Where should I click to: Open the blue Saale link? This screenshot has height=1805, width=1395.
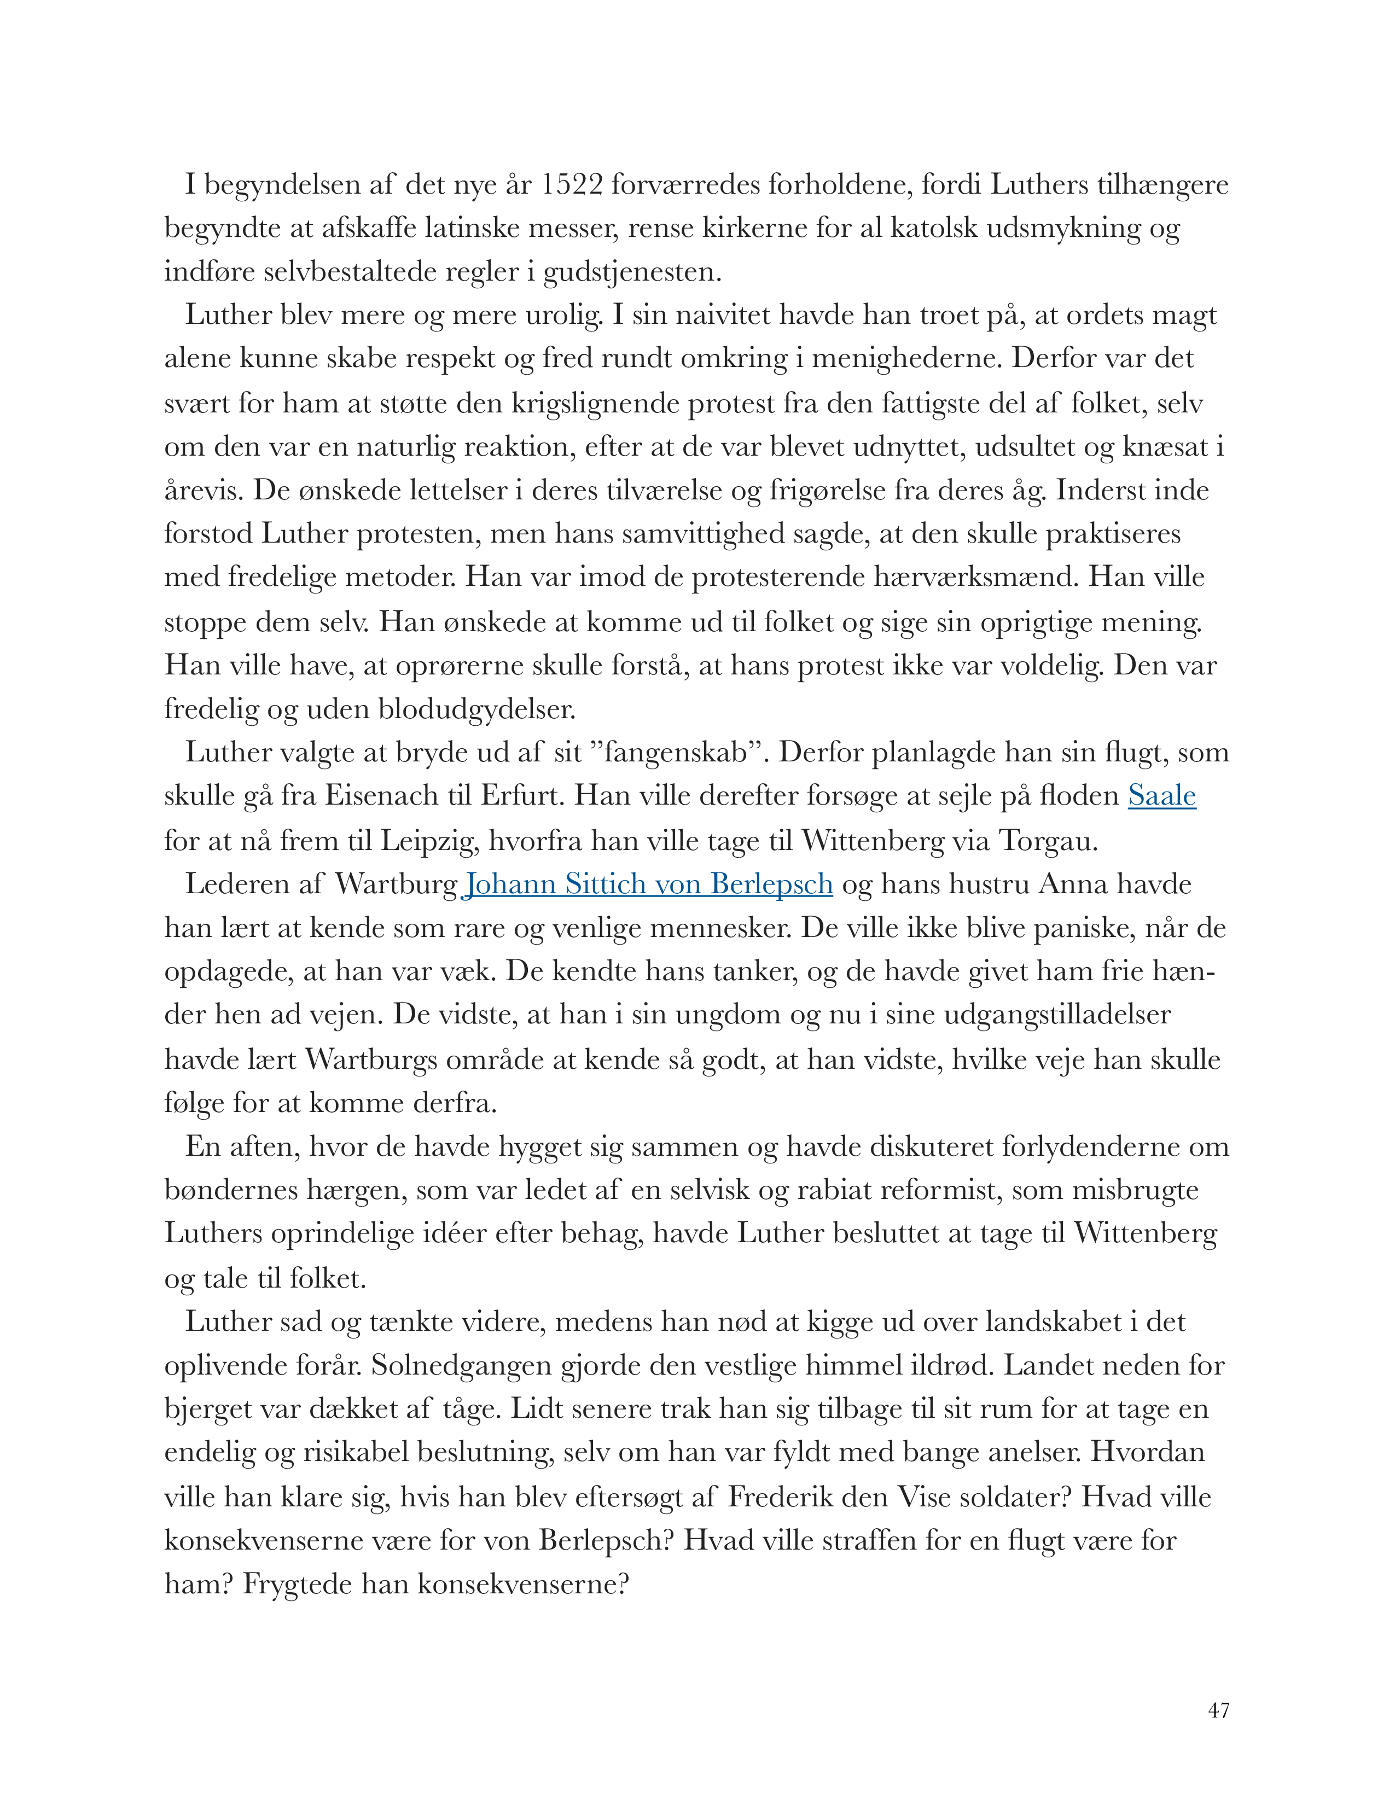coord(1161,796)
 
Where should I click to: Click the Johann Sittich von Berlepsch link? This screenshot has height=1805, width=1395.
coord(648,884)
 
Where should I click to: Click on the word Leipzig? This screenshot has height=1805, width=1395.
coord(429,841)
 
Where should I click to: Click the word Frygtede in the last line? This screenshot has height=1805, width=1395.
coord(298,1585)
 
